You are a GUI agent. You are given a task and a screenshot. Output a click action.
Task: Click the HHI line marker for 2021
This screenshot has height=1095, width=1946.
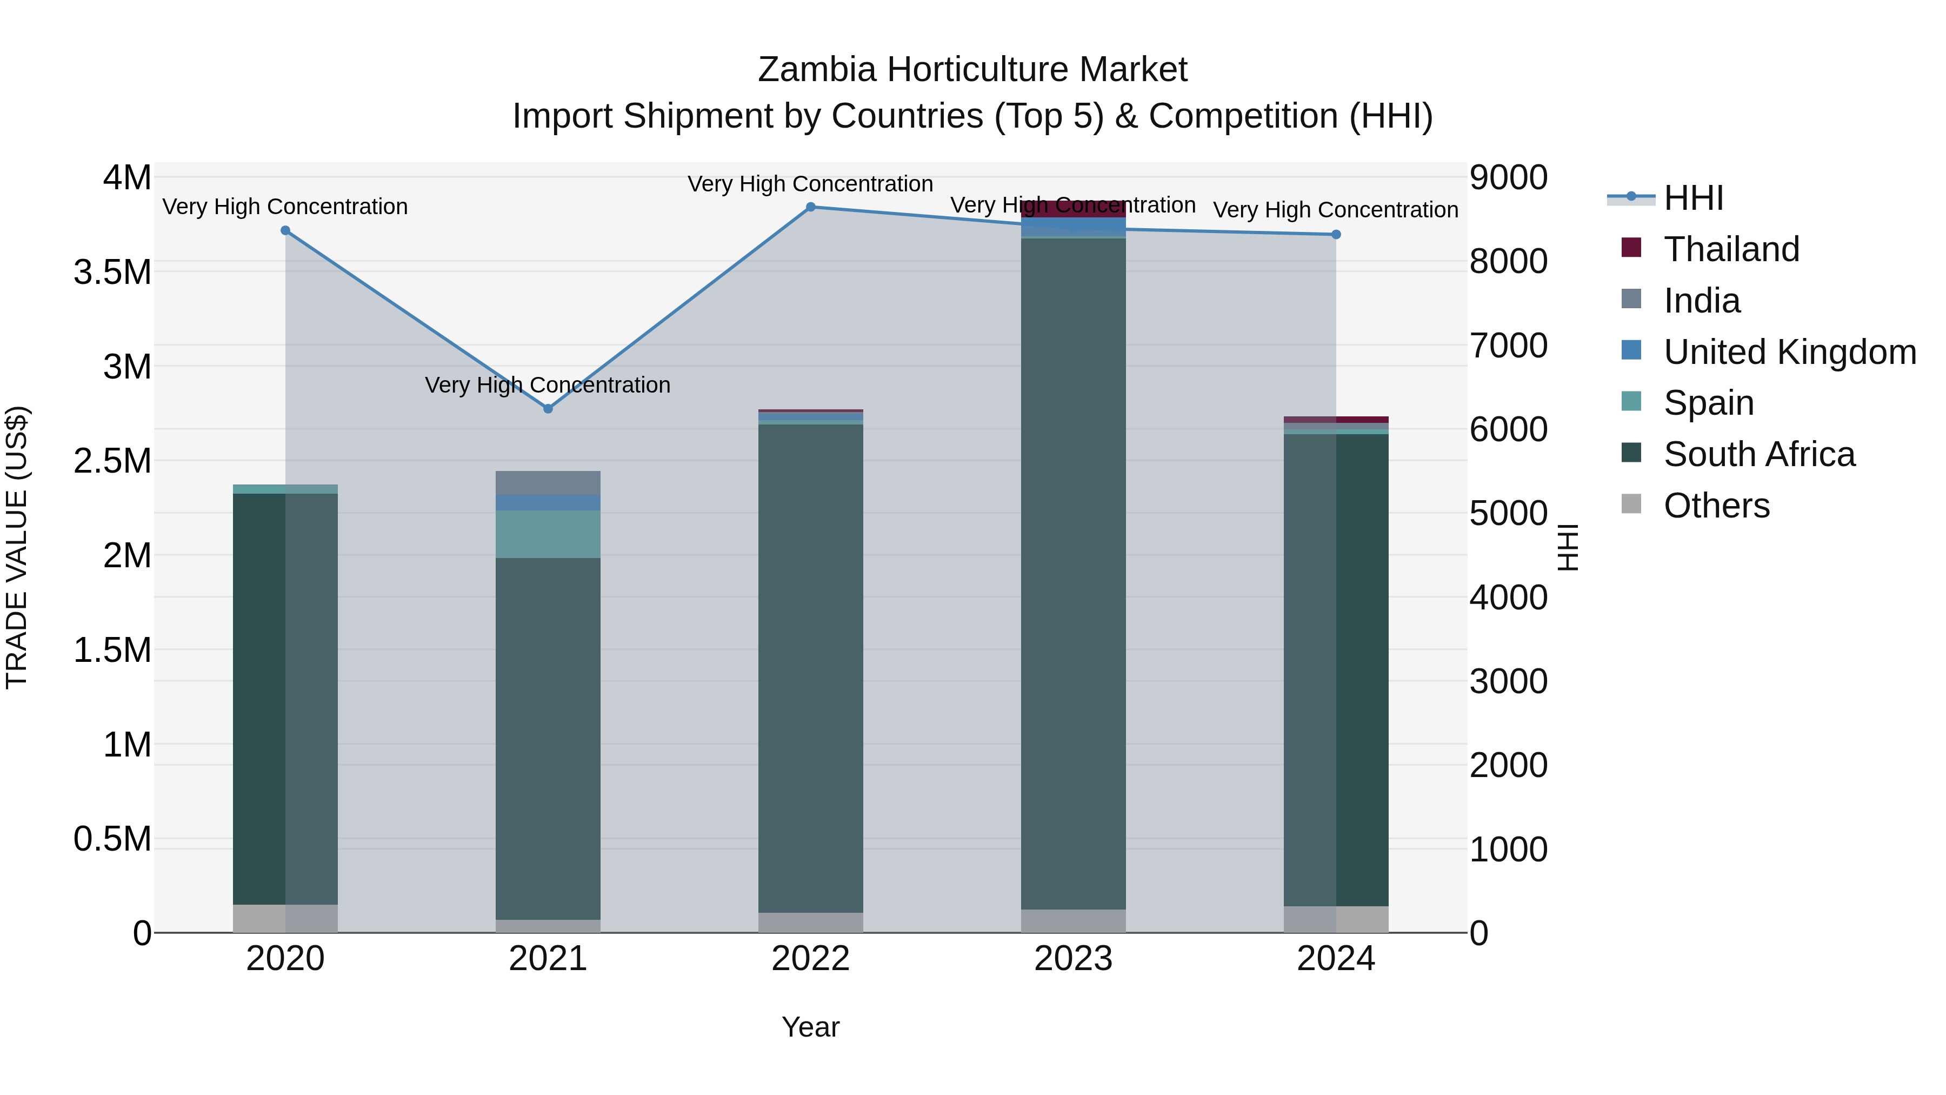(549, 409)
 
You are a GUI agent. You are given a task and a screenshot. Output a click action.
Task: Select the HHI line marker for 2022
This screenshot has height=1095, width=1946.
(811, 207)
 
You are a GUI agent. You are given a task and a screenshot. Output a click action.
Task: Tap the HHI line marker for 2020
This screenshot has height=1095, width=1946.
(285, 230)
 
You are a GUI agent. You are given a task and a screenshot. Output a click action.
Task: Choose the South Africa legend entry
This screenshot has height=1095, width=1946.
(1758, 454)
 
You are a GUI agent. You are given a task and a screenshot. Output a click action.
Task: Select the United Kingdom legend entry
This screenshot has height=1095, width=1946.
(1789, 352)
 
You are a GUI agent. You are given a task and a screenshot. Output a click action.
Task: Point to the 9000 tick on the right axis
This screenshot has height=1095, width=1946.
(1508, 178)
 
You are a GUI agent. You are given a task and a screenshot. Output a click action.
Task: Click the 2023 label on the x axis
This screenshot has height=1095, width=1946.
(1072, 959)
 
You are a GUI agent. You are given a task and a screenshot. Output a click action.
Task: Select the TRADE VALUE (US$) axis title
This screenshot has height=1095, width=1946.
(17, 547)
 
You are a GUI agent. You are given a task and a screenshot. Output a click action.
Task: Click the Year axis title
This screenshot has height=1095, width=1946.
(811, 1027)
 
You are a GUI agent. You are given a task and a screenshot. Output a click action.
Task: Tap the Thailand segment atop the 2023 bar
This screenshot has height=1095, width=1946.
(1072, 209)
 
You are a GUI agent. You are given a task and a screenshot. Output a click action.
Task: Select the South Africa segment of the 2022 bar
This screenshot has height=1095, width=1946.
(811, 665)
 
